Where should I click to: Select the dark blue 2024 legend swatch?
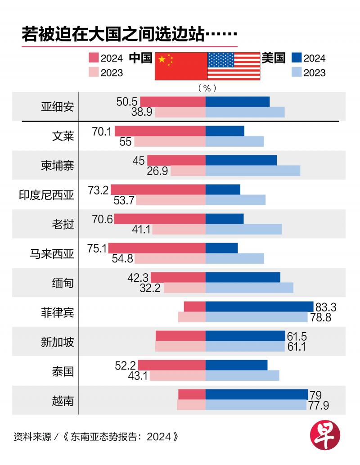click(296, 58)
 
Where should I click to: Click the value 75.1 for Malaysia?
click(97, 248)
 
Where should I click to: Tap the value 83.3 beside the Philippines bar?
click(326, 307)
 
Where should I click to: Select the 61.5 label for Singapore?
click(297, 336)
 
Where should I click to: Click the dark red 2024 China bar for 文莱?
click(160, 131)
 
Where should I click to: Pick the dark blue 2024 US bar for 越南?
click(256, 394)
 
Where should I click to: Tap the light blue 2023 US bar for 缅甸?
click(249, 288)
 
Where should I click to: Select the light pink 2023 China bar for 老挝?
click(179, 229)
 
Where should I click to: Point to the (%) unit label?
click(207, 88)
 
